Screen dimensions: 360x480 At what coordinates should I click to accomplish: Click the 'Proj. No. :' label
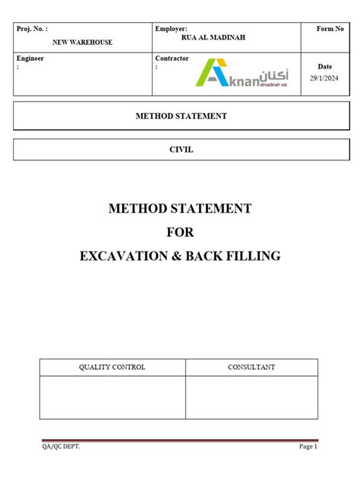[33, 29]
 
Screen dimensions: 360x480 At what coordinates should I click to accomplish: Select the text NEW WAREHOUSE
[81, 43]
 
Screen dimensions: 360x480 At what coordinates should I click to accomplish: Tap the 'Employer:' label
[171, 29]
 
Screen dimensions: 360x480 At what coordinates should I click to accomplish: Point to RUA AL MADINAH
[213, 37]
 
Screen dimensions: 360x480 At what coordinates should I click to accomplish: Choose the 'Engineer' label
[31, 58]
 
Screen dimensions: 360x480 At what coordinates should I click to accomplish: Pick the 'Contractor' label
[173, 58]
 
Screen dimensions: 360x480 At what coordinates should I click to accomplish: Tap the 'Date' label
[324, 67]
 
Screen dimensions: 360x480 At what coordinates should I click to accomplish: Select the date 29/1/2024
[324, 79]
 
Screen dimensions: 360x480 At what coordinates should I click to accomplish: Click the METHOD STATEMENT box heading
[180, 116]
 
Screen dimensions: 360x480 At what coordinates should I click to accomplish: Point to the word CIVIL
[181, 150]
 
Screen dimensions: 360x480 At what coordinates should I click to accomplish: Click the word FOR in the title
[180, 232]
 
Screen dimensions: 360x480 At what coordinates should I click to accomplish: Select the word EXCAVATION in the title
[125, 256]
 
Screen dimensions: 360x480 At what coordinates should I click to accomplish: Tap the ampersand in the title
[180, 256]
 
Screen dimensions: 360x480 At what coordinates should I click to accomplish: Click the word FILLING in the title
[252, 256]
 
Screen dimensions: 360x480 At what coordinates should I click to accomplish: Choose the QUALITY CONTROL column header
[112, 368]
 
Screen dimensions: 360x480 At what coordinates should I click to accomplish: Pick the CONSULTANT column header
[251, 368]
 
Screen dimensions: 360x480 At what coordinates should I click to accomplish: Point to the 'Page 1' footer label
[308, 447]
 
